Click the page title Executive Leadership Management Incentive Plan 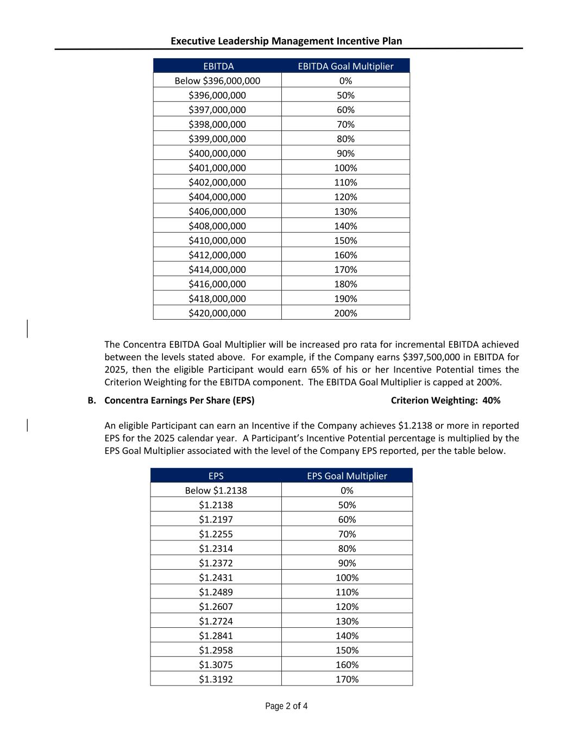(x=286, y=41)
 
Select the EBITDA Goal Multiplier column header (x=345, y=66)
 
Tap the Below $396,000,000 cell (x=217, y=81)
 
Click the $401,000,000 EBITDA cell (x=217, y=168)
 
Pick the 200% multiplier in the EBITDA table (x=345, y=313)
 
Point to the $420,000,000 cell (x=217, y=313)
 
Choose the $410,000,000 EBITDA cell (x=217, y=240)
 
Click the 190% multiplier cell (x=345, y=298)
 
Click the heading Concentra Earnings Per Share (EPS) (x=179, y=401)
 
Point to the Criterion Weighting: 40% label (x=445, y=401)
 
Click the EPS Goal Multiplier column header (x=347, y=476)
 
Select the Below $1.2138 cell (x=216, y=490)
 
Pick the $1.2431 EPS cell (x=216, y=577)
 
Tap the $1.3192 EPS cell (x=216, y=679)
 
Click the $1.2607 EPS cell (x=216, y=607)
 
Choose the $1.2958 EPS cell (x=216, y=650)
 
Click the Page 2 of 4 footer (x=286, y=706)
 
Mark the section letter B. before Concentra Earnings (x=92, y=401)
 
